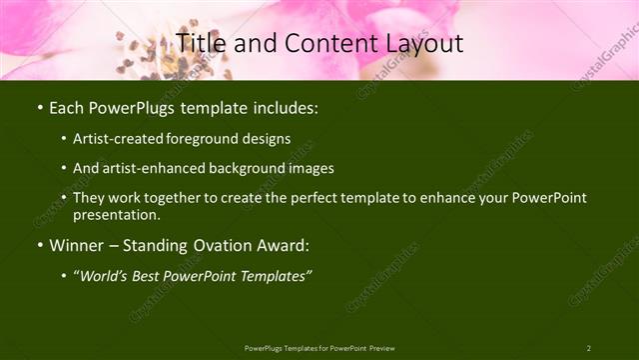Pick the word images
point(307,168)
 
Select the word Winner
point(78,245)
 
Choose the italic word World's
point(107,275)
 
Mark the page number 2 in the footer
point(588,348)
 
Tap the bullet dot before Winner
point(39,245)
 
